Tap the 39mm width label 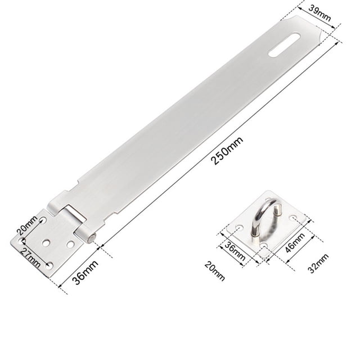(x=319, y=12)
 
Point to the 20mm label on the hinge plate (x=27, y=225)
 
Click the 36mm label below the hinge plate (x=85, y=272)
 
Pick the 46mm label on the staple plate (x=295, y=242)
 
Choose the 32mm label (x=318, y=263)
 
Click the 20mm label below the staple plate (x=215, y=271)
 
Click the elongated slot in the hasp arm (x=285, y=45)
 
